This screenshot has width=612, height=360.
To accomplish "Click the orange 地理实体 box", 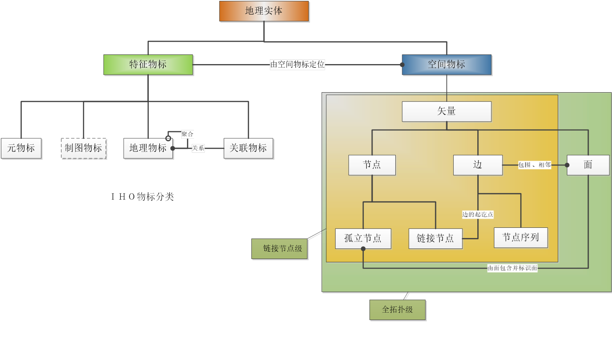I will [264, 11].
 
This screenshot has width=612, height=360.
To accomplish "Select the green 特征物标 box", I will [148, 65].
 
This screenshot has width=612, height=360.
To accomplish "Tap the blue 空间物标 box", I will [447, 65].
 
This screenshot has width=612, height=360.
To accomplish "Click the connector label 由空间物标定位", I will [297, 65].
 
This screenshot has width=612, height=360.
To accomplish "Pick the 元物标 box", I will [21, 148].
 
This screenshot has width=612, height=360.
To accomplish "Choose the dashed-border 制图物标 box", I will [83, 148].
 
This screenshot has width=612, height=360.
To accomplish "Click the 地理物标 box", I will [148, 148].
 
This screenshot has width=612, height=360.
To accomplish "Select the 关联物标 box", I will [248, 148].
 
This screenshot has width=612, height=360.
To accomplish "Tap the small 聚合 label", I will [187, 134].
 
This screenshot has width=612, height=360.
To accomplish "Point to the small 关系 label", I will [198, 148].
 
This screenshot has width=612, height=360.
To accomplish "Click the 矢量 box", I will [447, 112].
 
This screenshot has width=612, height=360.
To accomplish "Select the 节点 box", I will [372, 165].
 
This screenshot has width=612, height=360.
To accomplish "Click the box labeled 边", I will [478, 165].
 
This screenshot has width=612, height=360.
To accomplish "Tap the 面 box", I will [588, 165].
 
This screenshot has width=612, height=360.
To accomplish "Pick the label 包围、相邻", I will [534, 165].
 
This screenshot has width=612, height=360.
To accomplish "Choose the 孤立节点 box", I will [363, 238].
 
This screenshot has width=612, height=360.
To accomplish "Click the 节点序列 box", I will [521, 238].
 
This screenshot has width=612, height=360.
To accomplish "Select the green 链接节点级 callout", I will [280, 248].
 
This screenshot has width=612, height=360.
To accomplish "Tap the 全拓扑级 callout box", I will [397, 310].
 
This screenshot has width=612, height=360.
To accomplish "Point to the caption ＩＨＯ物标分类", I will [143, 197].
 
